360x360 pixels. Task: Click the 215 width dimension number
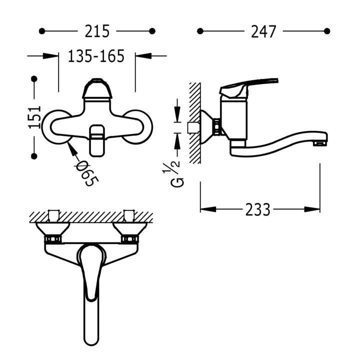[97, 31]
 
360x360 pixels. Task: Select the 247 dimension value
[263, 31]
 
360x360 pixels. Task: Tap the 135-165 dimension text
[96, 56]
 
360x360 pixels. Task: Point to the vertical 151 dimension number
[34, 117]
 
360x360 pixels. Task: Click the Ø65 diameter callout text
[87, 173]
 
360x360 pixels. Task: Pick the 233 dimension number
[257, 209]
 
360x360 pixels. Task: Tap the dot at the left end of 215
[42, 31]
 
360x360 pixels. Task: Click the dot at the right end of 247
[327, 31]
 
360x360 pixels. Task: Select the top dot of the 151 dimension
[34, 79]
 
